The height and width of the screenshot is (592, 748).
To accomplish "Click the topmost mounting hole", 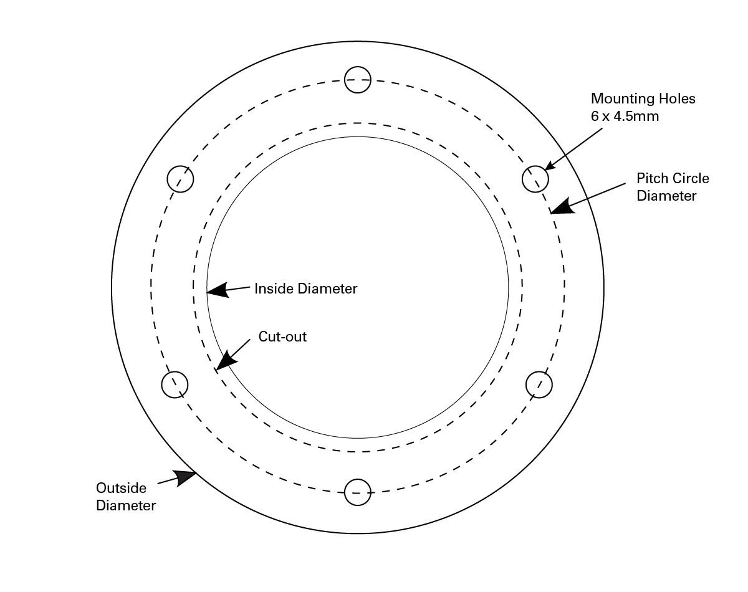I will coord(358,80).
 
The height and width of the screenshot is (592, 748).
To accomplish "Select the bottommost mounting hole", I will coord(358,492).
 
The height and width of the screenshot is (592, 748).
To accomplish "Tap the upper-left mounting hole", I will coord(181,179).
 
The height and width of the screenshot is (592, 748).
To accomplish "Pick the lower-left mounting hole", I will coord(175,384).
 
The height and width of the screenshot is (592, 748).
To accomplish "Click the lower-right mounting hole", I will coord(539,384).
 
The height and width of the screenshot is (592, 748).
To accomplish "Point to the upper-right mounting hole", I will coord(535,179).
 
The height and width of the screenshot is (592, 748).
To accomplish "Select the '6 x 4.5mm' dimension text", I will coord(625,116).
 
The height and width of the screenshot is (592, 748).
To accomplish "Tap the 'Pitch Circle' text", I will coord(673,178).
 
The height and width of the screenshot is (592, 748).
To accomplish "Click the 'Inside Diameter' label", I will coord(305,289).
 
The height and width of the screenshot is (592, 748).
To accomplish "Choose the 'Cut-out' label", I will coord(282,337).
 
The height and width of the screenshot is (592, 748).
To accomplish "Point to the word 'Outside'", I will coord(121,487).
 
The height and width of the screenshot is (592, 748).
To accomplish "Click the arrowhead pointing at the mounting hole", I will coord(550,166).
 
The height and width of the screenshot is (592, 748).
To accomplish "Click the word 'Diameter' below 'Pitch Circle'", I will coord(666,196).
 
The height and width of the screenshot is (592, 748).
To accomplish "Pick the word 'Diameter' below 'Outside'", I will coord(126,505).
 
